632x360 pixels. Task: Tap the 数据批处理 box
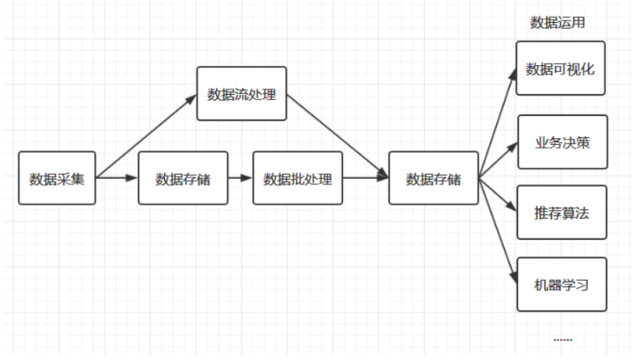point(298,178)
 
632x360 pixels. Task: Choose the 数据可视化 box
point(561,68)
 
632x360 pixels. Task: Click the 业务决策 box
point(561,140)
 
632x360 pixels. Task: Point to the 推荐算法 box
point(561,212)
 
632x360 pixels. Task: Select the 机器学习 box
point(561,284)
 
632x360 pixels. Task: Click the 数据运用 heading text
point(557,23)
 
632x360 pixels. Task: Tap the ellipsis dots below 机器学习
point(563,339)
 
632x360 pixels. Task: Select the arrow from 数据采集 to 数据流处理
point(146,135)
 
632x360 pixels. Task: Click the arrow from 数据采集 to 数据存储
point(117,178)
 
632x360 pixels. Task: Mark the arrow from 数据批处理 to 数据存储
point(365,178)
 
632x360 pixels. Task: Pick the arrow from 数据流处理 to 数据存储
point(338,135)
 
